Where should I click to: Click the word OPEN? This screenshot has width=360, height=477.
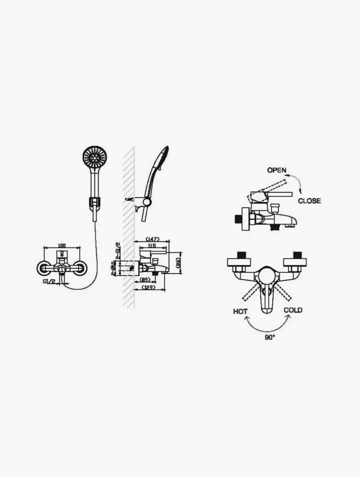pos(276,170)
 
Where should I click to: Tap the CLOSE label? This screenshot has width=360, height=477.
pos(309,201)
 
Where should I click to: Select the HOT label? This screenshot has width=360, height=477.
pos(240,311)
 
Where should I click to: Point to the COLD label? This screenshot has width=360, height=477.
pos(293,310)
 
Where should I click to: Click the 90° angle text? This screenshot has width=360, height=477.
pos(270,338)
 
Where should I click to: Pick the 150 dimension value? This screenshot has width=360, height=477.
pos(62,245)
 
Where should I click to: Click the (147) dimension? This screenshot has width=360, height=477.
pos(152,239)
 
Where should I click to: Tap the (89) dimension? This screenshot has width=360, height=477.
pos(145,280)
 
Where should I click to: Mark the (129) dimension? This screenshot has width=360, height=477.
pos(148,287)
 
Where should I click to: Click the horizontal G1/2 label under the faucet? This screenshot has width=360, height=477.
pos(49,281)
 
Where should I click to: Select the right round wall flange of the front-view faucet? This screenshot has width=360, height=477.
pos(80,269)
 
